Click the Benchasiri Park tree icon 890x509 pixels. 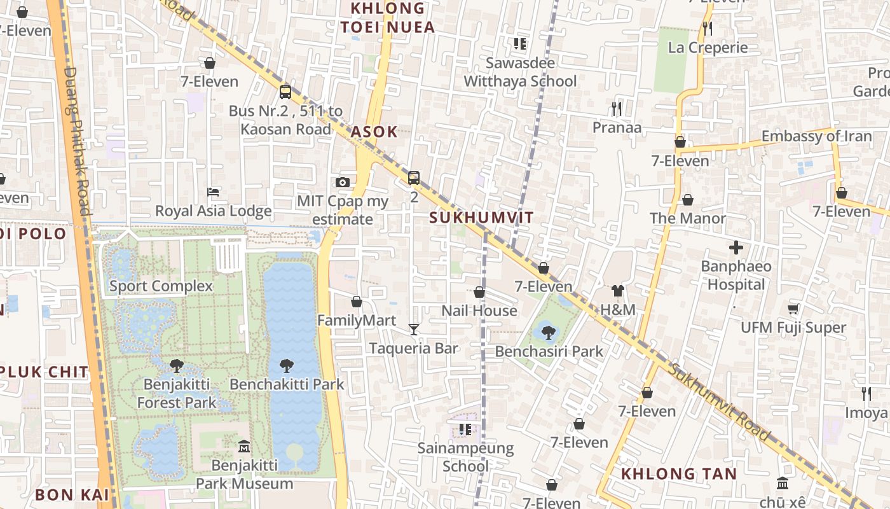(549, 331)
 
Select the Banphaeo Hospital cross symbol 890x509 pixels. (736, 247)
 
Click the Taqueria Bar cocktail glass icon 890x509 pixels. (414, 329)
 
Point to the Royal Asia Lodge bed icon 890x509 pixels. (214, 192)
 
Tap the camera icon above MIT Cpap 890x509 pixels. (343, 183)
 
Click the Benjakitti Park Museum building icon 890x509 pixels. (244, 446)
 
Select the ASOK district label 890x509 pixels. (374, 132)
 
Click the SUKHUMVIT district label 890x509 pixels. (481, 218)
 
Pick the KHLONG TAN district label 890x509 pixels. (678, 473)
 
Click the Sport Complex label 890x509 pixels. (161, 286)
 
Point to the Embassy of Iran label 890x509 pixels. (816, 136)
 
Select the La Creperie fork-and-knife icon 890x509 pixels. (707, 29)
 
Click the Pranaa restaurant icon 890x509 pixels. (616, 109)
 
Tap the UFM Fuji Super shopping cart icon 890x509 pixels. (793, 309)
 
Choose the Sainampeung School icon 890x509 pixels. (465, 429)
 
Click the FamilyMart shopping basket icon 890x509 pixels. (357, 301)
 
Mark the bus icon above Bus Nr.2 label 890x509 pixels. (285, 92)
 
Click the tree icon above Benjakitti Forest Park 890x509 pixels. (177, 366)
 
